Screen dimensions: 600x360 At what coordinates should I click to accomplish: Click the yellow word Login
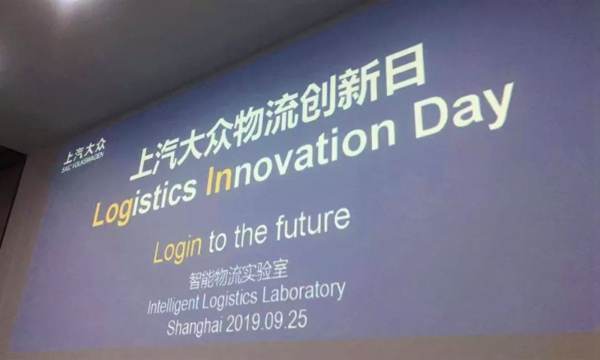pos(178,248)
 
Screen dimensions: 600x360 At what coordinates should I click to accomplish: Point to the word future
pos(312,224)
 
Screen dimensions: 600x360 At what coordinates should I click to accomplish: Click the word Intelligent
pos(173,304)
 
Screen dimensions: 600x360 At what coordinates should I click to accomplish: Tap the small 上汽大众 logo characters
pos(84,149)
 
